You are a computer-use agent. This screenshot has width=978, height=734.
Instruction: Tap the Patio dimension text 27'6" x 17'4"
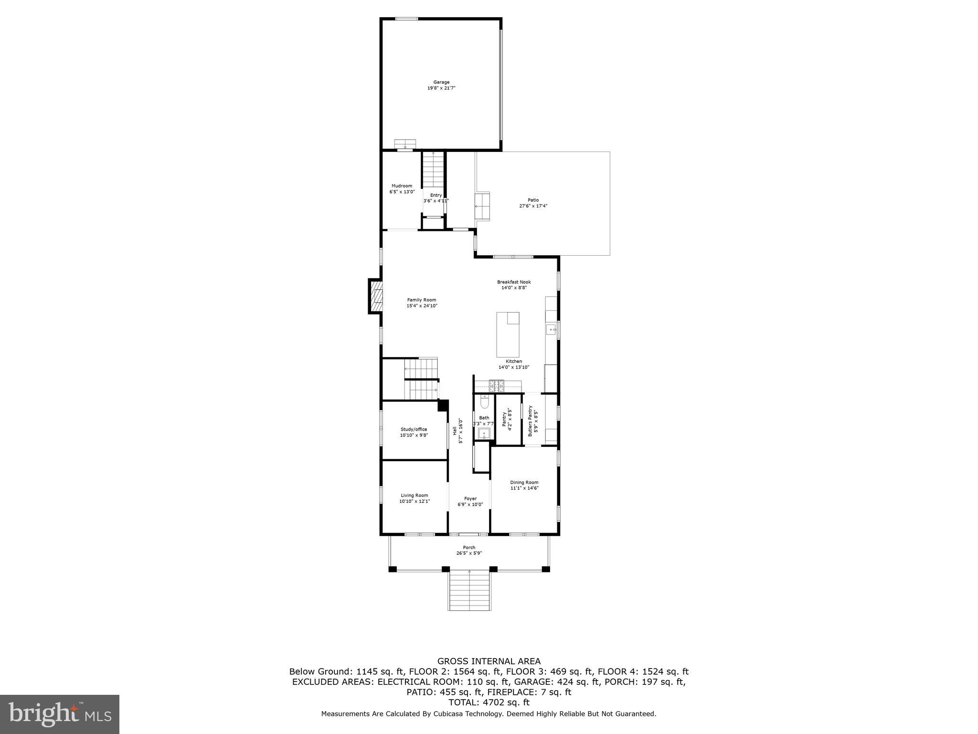coord(533,206)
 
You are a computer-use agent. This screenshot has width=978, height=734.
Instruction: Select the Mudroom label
coord(402,186)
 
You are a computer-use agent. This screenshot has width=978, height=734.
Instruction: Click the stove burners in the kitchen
coord(496,383)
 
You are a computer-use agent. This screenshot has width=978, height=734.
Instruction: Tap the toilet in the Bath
coord(484,403)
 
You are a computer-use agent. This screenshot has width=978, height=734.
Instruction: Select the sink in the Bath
coord(484,434)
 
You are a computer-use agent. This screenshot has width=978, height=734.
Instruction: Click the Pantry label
coord(504,419)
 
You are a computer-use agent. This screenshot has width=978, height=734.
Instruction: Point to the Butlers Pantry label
coord(530,421)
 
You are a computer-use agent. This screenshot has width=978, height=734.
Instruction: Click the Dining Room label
coord(524,482)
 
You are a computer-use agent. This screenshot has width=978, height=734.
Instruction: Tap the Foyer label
coord(470,498)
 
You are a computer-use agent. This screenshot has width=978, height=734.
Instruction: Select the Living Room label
coord(414,495)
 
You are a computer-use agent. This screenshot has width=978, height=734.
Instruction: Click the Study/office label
coord(414,429)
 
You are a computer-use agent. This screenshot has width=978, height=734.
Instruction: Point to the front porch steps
coord(469,591)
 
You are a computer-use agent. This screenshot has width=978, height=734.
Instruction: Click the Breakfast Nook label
coord(514,282)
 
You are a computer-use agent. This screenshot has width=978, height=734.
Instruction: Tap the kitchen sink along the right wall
coord(552,330)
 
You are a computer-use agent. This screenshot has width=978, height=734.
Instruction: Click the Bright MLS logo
coord(59,714)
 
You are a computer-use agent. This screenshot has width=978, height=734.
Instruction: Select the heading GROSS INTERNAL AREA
coord(489,661)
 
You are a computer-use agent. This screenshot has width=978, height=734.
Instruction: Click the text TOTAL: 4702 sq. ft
coord(489,702)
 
